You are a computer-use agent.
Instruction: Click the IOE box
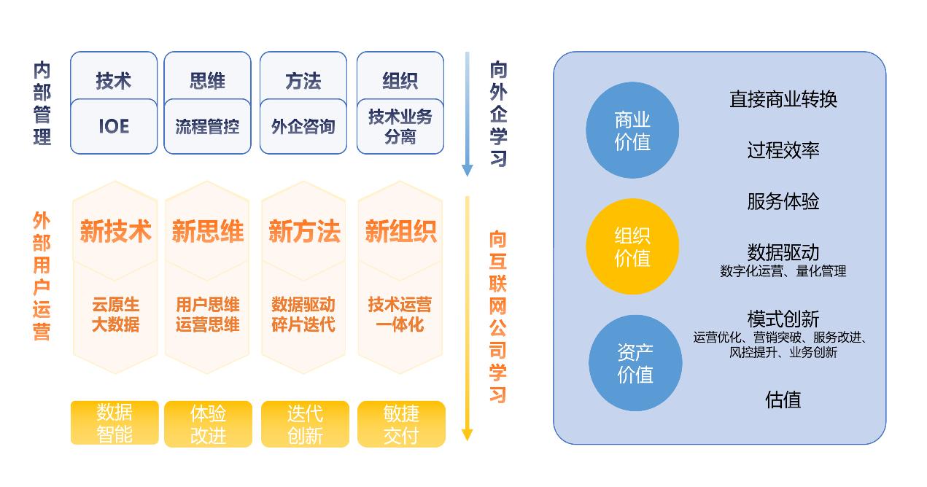click(x=114, y=126)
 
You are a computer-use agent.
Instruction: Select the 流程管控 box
click(x=207, y=126)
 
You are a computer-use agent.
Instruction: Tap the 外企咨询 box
click(x=303, y=126)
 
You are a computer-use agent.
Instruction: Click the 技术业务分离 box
click(x=400, y=126)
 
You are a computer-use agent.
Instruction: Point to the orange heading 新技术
click(x=115, y=232)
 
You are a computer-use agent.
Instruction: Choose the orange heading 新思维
click(x=208, y=232)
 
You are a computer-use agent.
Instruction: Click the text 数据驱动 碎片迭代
click(x=303, y=314)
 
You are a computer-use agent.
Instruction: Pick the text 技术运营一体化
click(x=400, y=314)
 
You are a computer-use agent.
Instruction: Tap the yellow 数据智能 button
click(x=115, y=423)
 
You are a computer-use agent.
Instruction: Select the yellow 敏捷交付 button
click(x=400, y=424)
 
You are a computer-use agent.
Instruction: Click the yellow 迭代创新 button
click(x=304, y=424)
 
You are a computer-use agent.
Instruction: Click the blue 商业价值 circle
click(x=632, y=131)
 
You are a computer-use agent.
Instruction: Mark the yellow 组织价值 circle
click(x=632, y=247)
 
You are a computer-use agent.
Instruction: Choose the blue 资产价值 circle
click(x=635, y=363)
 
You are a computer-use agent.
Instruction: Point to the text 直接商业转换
click(x=783, y=99)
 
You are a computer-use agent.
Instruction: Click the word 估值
click(x=783, y=400)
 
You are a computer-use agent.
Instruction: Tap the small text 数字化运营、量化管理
click(x=783, y=271)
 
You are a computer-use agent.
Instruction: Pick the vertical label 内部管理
click(x=42, y=104)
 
